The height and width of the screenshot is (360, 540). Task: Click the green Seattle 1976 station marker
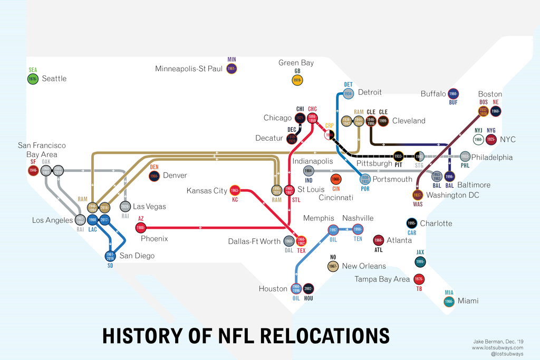[33, 79]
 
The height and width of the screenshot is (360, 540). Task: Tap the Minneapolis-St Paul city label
[189, 69]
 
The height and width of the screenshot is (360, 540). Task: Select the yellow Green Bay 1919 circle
[297, 80]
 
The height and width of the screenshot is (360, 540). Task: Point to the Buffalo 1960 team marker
[453, 93]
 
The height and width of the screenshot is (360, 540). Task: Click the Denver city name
[175, 175]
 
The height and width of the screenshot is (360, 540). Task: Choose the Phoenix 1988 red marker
[141, 228]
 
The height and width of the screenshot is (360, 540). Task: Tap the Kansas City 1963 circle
[235, 190]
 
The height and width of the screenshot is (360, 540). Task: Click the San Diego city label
[137, 256]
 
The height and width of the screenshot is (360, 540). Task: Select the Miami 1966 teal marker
[449, 301]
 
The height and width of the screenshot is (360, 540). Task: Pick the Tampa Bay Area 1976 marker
[419, 279]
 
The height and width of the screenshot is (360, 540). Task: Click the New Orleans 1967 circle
[333, 266]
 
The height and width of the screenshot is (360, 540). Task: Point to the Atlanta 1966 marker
[378, 240]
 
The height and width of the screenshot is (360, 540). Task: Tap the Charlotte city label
[436, 223]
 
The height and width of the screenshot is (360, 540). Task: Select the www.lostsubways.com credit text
[497, 348]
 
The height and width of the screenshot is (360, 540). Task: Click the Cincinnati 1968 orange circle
[335, 180]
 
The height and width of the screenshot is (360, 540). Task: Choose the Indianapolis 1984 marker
[309, 171]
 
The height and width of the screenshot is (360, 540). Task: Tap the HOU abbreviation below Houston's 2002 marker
[308, 298]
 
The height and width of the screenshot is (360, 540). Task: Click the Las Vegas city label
[149, 207]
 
